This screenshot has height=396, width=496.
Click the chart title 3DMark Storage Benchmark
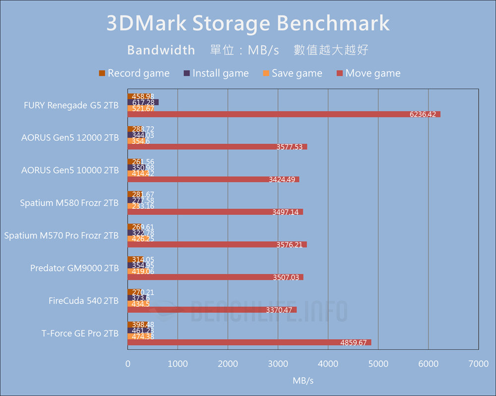tap(248, 23)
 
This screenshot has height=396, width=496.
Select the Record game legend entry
tap(134, 73)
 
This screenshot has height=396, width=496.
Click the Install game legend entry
tap(216, 73)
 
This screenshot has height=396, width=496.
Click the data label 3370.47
tap(280, 310)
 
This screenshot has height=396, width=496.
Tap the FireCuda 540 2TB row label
tap(83, 300)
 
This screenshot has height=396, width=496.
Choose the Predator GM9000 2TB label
tap(74, 268)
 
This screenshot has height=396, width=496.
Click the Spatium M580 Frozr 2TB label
tap(69, 203)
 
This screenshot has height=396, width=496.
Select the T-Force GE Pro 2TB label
tap(80, 333)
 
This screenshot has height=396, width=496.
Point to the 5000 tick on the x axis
tap(378, 364)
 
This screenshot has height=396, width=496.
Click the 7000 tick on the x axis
tap(478, 364)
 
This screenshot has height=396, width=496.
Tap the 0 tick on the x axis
tap(128, 364)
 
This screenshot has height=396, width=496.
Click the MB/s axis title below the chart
tap(303, 380)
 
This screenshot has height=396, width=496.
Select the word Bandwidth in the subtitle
tap(161, 50)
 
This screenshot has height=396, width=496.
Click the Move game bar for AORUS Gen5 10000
tap(213, 179)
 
